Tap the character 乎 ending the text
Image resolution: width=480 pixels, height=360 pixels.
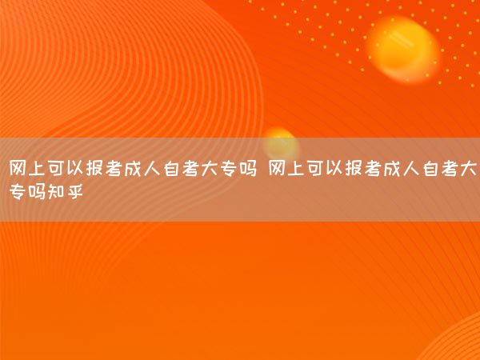coord(75,192)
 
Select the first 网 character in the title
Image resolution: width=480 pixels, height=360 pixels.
coord(18,168)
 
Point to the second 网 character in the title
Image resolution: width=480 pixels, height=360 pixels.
coord(277,168)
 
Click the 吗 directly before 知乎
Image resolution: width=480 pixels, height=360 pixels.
coord(37,192)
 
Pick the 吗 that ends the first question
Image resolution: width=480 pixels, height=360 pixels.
coord(248,168)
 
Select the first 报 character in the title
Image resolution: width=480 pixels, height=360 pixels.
coord(94,168)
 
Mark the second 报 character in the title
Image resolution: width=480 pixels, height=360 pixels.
coord(354,168)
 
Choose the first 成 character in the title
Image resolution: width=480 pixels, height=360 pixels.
coord(133,168)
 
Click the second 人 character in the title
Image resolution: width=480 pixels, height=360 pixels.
coord(411,168)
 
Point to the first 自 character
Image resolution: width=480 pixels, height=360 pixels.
coord(171,168)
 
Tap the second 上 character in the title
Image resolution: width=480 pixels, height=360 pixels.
coord(296,168)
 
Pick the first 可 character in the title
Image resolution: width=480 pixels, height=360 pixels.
coord(56,168)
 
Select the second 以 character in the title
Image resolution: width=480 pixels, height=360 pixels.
coord(334,168)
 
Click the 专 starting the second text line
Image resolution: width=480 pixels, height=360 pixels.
coord(18,192)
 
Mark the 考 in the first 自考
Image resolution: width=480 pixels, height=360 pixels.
coord(190,168)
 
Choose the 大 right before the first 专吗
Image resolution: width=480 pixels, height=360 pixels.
coord(210,168)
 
